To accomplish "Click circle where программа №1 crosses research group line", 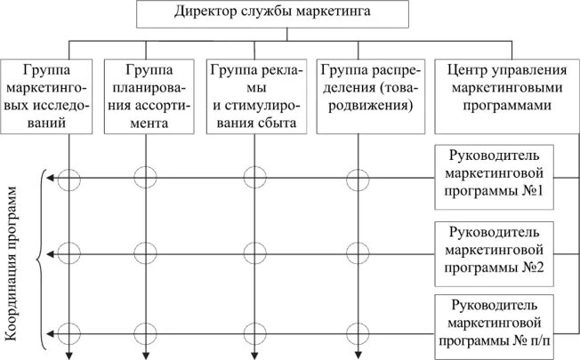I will point(70,180).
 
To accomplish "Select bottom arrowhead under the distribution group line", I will point(358,355).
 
